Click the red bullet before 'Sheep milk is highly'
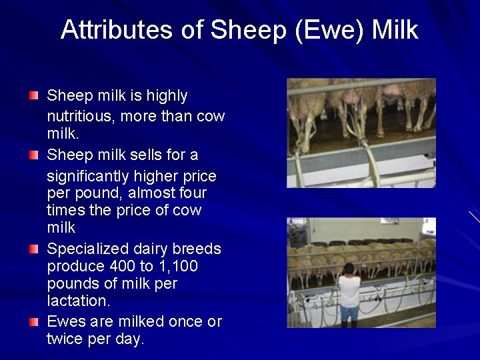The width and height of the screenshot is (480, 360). tap(34, 95)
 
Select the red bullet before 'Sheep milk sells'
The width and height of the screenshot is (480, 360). tap(34, 155)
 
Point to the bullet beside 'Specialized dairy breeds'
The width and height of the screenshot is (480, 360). tap(34, 249)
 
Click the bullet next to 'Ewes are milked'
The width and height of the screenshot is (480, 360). tap(34, 321)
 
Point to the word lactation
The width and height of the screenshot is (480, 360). tap(76, 301)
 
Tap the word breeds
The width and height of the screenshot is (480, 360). tap(197, 249)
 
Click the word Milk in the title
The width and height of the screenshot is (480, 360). tap(395, 29)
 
